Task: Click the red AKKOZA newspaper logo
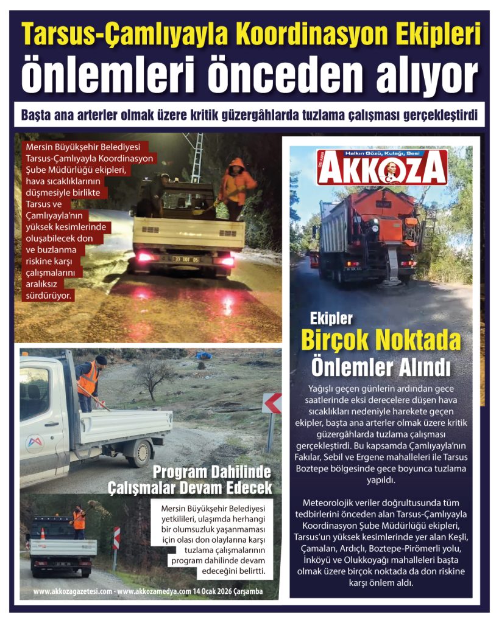382,168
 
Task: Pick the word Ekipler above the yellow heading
331,318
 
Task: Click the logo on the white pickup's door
35,444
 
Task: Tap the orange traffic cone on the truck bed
43,534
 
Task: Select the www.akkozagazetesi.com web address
72,591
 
